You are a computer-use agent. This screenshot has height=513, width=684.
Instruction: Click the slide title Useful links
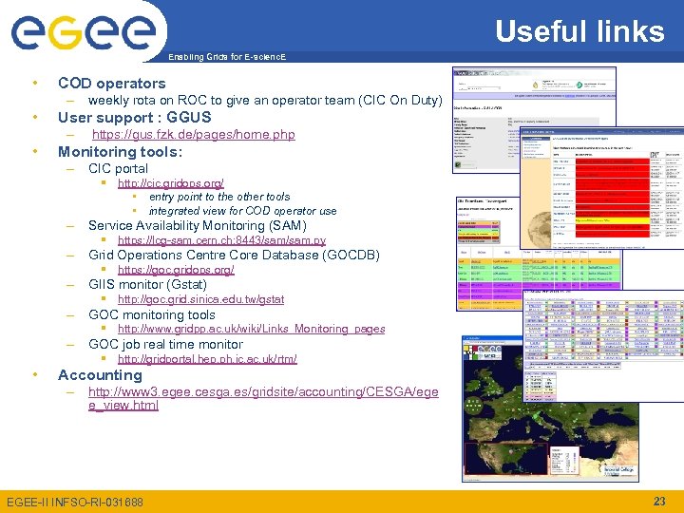click(579, 31)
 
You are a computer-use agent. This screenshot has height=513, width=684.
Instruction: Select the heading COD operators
click(111, 84)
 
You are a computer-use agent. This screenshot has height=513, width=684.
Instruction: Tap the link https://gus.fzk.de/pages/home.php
click(193, 135)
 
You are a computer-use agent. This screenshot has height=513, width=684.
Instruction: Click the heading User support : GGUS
click(134, 118)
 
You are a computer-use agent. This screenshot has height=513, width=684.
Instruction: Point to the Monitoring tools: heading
click(120, 152)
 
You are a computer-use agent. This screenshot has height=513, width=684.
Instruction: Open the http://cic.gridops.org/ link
click(170, 182)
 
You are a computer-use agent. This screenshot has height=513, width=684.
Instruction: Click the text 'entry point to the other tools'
click(218, 197)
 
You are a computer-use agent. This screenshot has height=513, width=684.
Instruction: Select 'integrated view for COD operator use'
click(242, 211)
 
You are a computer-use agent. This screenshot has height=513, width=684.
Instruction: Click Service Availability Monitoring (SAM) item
click(197, 226)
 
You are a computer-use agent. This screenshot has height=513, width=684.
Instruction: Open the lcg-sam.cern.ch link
click(221, 241)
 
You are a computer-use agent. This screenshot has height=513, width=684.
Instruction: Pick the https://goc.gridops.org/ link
click(175, 270)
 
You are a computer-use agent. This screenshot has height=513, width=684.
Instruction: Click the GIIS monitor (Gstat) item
click(147, 284)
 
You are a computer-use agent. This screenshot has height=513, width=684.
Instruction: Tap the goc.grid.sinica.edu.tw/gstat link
click(200, 299)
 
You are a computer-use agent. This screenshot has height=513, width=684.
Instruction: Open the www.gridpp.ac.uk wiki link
click(251, 329)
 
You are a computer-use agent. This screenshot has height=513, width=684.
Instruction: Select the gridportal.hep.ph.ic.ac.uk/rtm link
click(207, 359)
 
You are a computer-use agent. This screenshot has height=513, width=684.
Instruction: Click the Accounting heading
click(100, 375)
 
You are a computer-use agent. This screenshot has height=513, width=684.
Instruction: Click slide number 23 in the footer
click(660, 501)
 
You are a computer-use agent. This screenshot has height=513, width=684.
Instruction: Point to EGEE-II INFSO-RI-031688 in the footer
click(74, 502)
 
